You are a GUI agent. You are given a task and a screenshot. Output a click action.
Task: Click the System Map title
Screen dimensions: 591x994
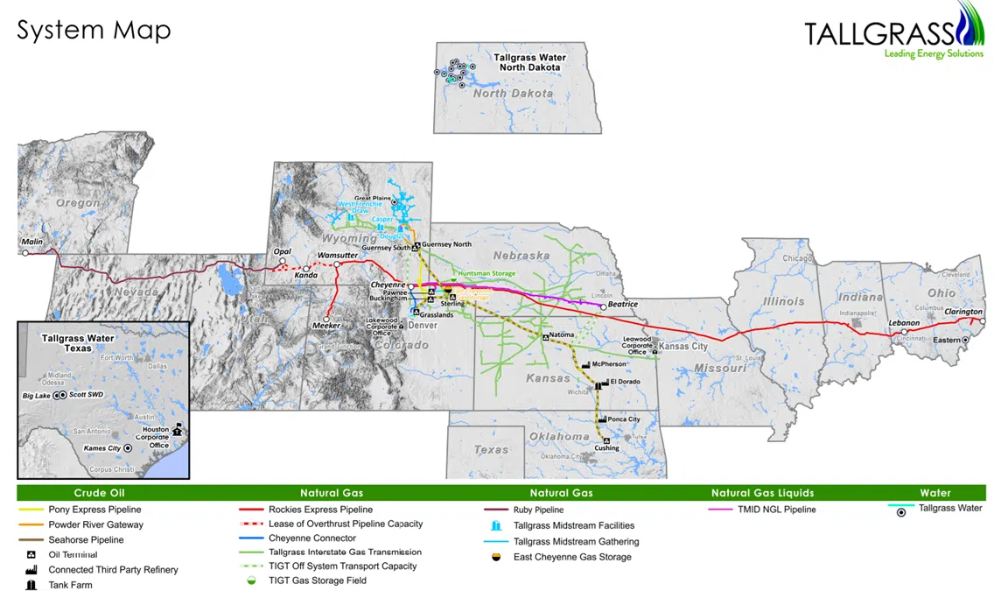94,30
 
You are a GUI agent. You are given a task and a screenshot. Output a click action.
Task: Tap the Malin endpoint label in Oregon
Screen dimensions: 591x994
32,242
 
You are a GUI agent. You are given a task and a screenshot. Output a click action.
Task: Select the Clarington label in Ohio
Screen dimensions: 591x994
962,312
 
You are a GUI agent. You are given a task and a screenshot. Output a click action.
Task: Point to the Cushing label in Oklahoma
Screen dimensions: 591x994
606,448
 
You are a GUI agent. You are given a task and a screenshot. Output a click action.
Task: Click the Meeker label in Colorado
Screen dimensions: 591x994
325,327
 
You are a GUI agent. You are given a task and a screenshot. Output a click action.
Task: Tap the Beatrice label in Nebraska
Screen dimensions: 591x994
623,305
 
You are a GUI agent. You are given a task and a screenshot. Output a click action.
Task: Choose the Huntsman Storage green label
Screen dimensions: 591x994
486,274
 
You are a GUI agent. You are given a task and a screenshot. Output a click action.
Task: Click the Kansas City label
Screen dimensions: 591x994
682,347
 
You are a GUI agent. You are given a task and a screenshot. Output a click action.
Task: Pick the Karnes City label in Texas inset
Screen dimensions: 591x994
101,448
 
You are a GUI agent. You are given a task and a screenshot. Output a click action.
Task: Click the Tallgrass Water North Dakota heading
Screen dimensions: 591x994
529,62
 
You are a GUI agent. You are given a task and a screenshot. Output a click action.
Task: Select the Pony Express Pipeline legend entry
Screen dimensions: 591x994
94,510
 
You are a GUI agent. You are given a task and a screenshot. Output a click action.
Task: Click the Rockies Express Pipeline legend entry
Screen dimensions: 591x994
320,510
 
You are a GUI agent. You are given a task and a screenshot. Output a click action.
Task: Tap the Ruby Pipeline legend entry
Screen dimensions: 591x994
538,510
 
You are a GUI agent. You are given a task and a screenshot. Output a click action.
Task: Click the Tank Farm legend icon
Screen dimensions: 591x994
31,585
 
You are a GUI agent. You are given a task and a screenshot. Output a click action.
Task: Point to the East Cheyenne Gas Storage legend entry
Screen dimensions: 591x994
572,557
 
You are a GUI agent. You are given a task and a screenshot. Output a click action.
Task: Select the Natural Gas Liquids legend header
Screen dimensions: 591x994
762,493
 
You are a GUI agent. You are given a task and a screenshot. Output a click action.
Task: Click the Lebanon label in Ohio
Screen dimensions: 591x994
904,323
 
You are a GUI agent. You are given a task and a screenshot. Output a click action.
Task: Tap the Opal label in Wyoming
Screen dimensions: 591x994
282,250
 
